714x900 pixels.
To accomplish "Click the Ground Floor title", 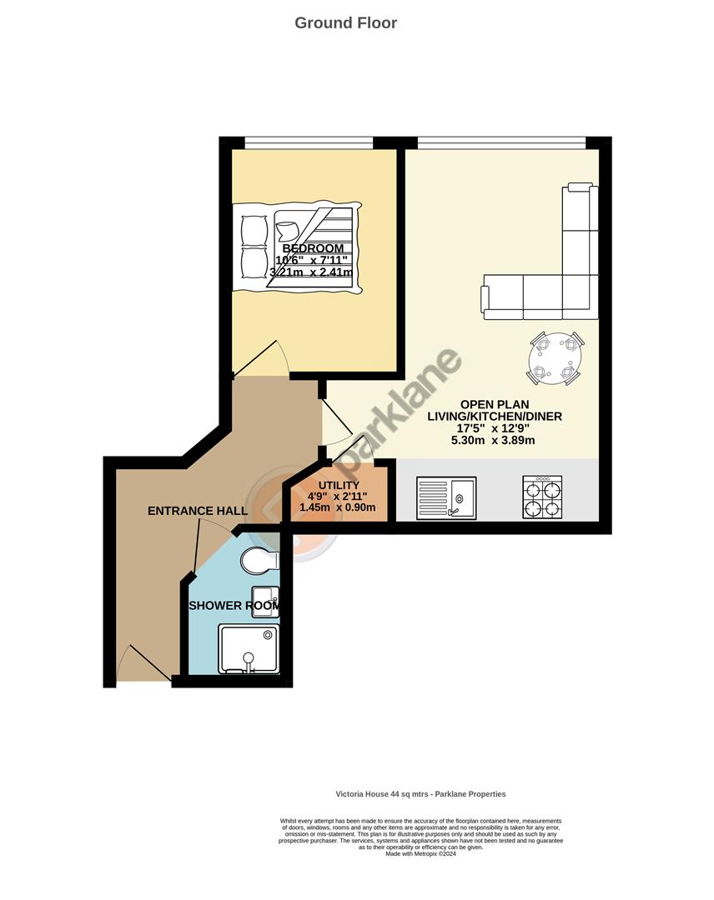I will coord(345,22).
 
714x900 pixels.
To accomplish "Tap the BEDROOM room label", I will coord(313,248).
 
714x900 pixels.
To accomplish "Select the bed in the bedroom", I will coord(298,248).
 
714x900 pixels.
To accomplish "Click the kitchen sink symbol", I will coord(446,497).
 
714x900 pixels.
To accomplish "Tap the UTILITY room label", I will coord(339,486).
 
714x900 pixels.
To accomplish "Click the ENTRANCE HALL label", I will coord(197,511).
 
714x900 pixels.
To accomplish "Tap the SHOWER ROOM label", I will coord(234,606).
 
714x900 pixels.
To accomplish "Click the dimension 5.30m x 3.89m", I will coord(492,441).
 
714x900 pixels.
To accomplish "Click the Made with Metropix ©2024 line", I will coord(420,853).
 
